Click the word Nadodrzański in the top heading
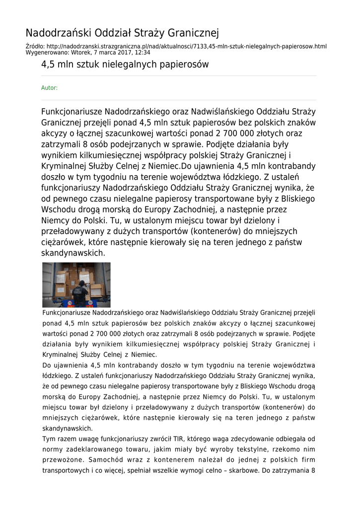[54, 33]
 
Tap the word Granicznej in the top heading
[194, 33]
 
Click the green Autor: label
[49, 88]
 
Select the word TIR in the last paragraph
[178, 439]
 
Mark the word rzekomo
[292, 449]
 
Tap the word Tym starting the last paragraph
[49, 439]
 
